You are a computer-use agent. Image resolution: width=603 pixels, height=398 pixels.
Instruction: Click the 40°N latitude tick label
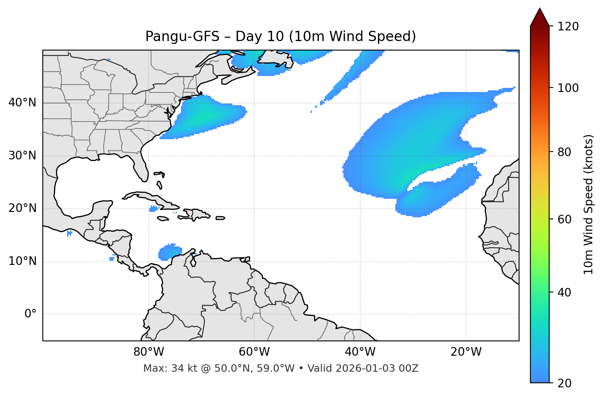22,103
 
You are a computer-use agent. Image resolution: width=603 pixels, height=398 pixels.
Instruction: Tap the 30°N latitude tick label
22,156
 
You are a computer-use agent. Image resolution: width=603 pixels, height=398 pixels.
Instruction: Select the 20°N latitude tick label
22,208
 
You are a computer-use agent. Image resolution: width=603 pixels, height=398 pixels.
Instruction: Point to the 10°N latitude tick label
22,261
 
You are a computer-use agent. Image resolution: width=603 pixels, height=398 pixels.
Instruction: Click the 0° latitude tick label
30,314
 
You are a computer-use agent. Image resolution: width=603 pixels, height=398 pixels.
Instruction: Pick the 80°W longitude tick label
148,352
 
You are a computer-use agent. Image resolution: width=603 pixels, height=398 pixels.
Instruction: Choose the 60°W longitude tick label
254,352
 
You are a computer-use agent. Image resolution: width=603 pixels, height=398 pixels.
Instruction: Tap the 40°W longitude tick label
360,352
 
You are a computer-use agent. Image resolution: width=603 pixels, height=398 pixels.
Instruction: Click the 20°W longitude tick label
466,352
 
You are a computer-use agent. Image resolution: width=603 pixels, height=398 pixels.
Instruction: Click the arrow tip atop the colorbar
540,9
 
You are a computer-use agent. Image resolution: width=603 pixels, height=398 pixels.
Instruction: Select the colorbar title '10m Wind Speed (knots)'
589,204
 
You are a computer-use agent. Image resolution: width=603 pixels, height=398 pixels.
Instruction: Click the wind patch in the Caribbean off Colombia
169,252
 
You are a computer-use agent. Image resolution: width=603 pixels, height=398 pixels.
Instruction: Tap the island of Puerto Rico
220,218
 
